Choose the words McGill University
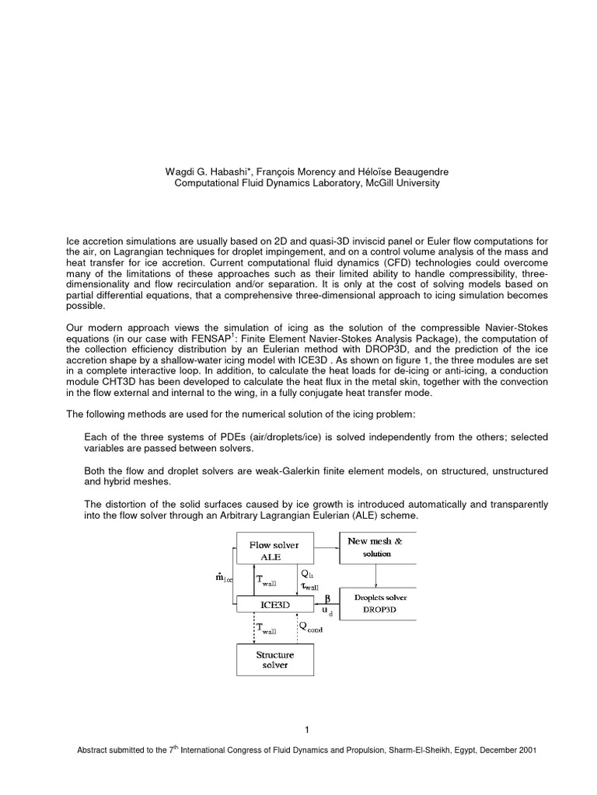[399, 182]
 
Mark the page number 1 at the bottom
[308, 729]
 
